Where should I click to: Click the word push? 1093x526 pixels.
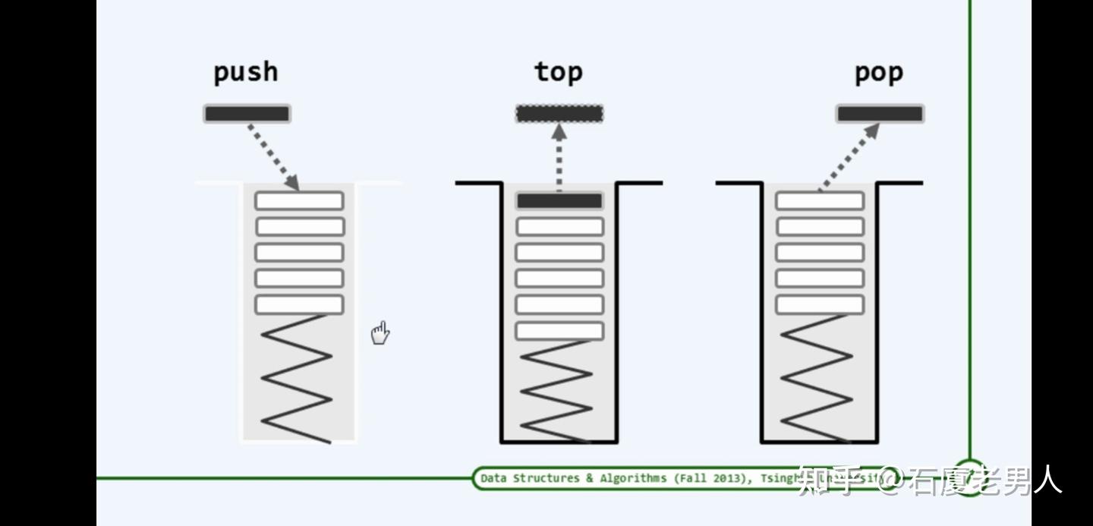[x=245, y=73]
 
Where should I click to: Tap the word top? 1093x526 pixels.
[x=559, y=72]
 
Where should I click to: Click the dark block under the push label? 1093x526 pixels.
[x=247, y=114]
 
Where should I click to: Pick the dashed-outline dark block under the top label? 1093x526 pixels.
[x=559, y=114]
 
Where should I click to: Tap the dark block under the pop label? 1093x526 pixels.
[x=880, y=114]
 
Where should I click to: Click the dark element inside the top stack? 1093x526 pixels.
[x=559, y=201]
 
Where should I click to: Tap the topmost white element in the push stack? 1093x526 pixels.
[x=299, y=201]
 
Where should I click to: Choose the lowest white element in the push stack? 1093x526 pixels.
[x=299, y=304]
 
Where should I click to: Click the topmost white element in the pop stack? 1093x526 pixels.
[x=820, y=201]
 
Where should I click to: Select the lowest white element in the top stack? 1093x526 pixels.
[x=559, y=331]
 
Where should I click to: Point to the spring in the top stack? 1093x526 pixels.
[x=557, y=391]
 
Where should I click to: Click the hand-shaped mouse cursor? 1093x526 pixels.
[x=380, y=332]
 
